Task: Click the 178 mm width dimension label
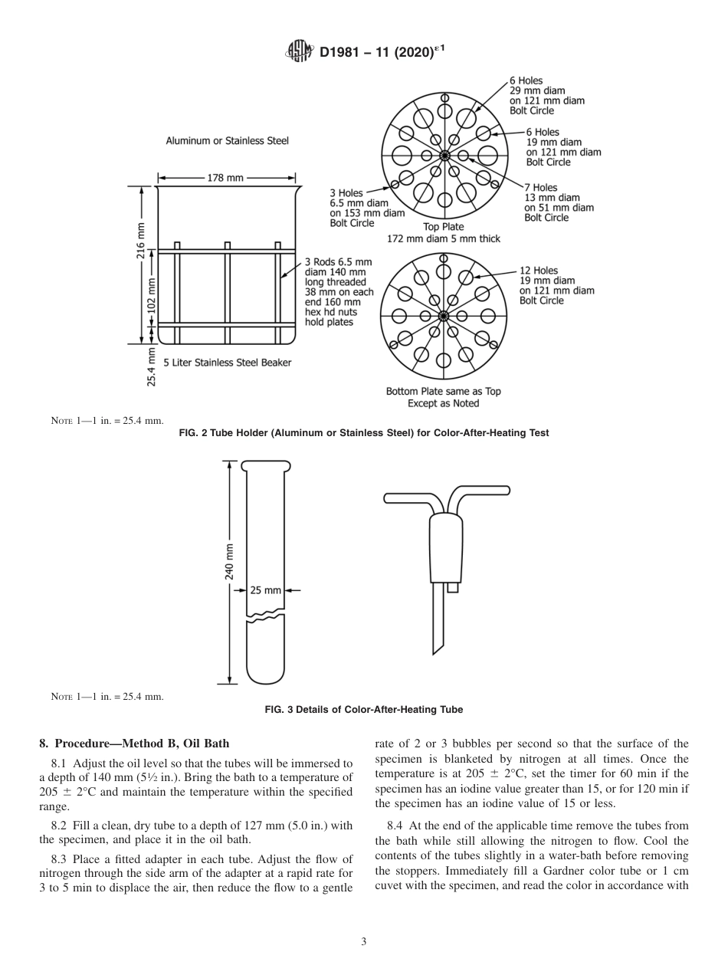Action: (225, 178)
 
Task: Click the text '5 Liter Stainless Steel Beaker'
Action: (227, 363)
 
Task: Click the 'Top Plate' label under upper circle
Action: (443, 227)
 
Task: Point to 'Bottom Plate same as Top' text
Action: (443, 391)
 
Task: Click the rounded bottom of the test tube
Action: (262, 673)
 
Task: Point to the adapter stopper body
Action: (445, 547)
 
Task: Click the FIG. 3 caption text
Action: (363, 710)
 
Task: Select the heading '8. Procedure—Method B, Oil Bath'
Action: (134, 744)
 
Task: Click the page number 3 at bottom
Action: (363, 942)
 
